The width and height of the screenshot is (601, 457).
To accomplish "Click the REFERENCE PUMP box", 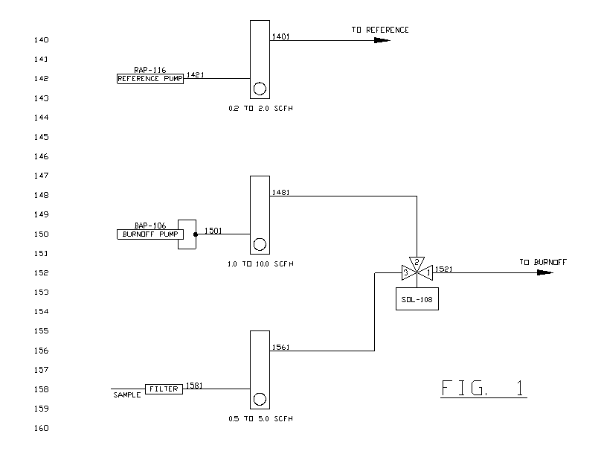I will point(150,79).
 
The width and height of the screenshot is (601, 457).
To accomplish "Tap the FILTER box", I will point(164,389).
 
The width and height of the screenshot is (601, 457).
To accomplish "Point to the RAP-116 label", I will point(150,70).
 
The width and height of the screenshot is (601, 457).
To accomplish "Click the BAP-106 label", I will point(150,226).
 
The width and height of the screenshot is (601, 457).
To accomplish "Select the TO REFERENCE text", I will point(380,30).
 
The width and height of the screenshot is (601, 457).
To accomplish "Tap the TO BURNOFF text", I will point(542,263).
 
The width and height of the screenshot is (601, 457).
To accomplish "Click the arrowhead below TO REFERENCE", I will point(381,40).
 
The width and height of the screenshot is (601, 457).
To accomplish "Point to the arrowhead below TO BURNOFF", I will point(544,272).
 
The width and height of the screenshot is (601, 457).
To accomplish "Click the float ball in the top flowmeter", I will point(260,89).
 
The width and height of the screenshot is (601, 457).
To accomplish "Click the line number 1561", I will point(281,346).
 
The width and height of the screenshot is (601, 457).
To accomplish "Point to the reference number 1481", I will point(281,191).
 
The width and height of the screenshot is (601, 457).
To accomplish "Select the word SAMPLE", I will point(126,395).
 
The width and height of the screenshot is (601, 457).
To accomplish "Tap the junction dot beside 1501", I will point(196,234).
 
